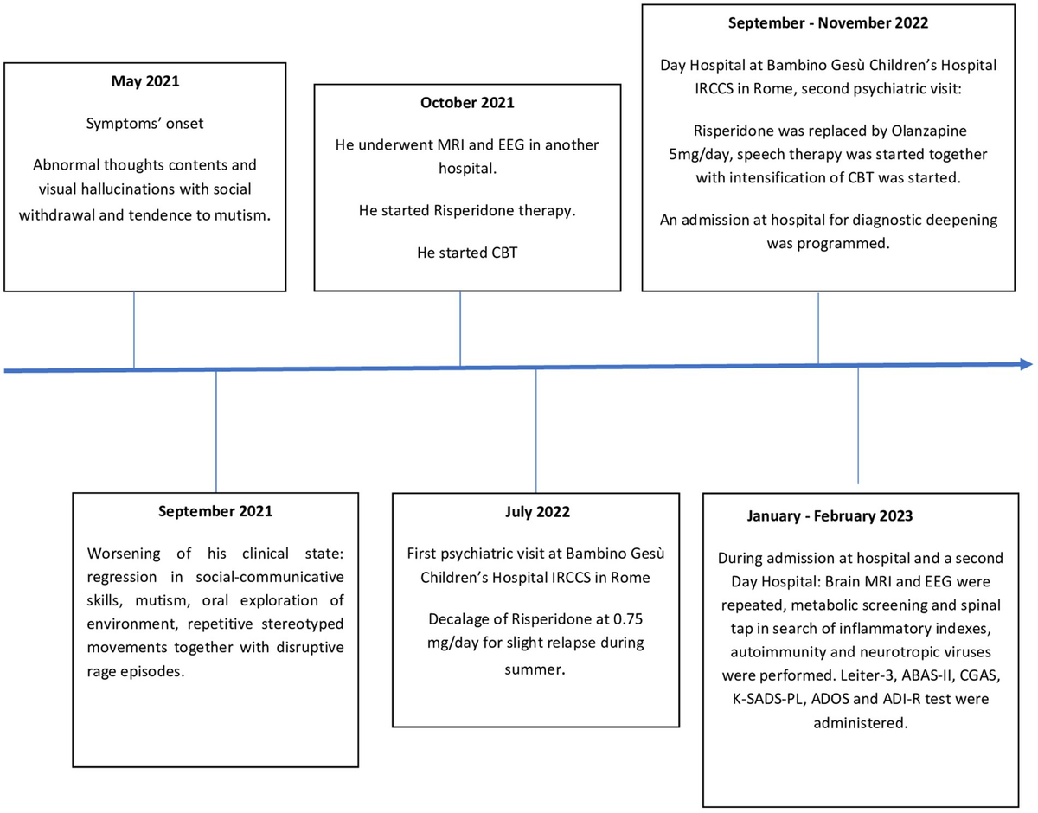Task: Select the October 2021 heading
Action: pyautogui.click(x=467, y=103)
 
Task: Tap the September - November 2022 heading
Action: pyautogui.click(x=817, y=24)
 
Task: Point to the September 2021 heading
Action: pyautogui.click(x=215, y=511)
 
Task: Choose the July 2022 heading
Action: pyautogui.click(x=537, y=513)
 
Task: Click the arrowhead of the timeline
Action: pyautogui.click(x=1026, y=365)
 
